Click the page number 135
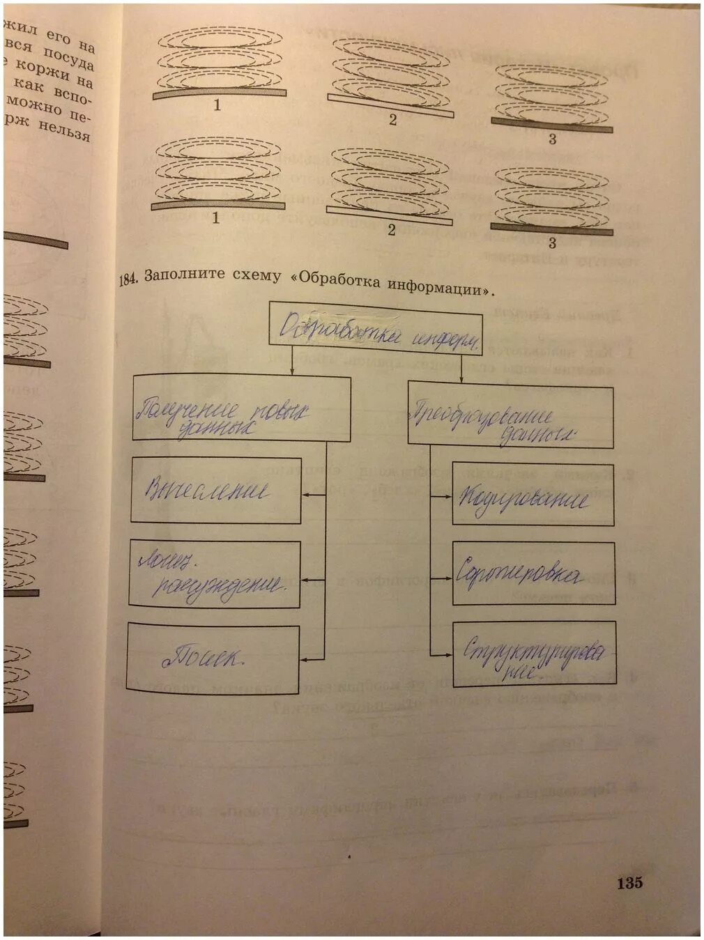tap(629, 883)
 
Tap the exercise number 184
tap(129, 279)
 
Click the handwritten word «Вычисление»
tap(206, 491)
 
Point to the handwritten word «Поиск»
tap(201, 657)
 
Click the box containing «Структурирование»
tap(534, 653)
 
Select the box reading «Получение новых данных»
tap(241, 409)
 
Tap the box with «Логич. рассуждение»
tap(215, 575)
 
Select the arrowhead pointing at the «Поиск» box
tap(304, 658)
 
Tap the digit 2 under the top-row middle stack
tap(392, 120)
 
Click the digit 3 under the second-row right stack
tap(552, 242)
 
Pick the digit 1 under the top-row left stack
tap(217, 105)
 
